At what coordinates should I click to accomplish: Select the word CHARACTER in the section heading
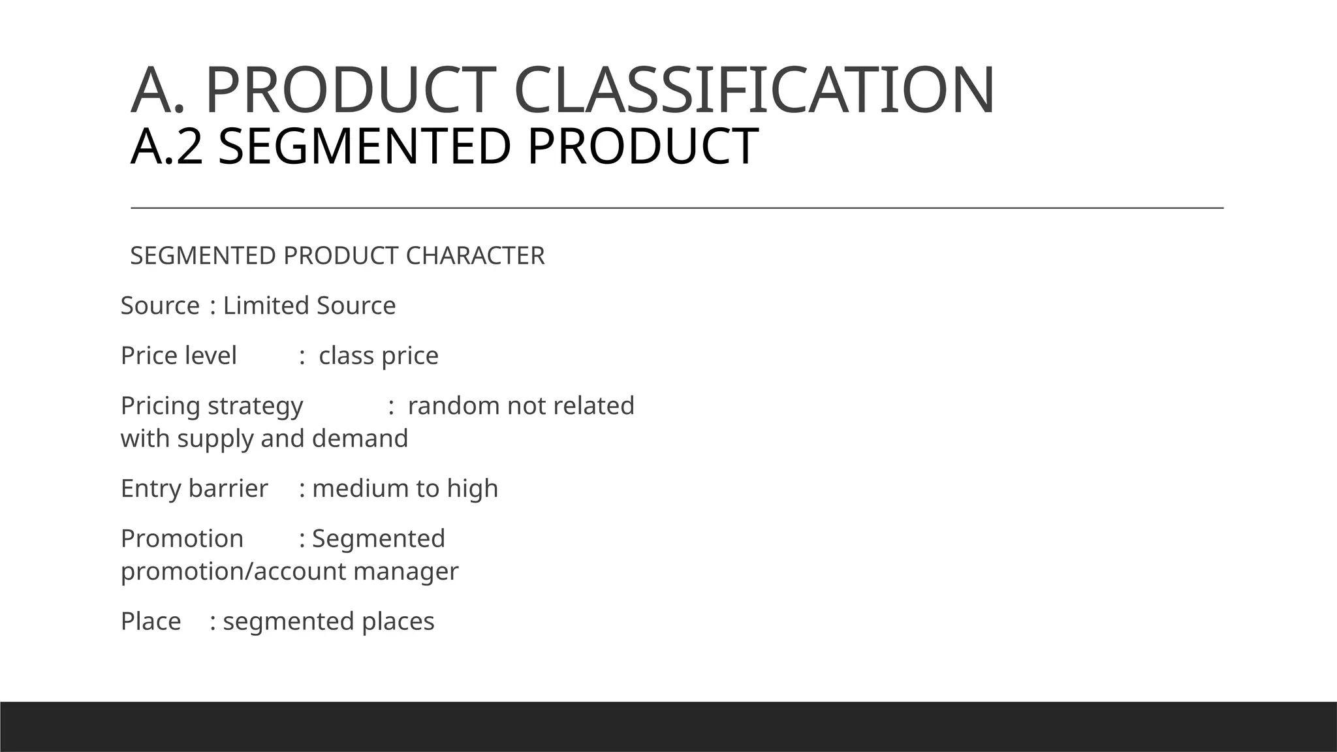click(475, 256)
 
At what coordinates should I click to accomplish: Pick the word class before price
click(346, 356)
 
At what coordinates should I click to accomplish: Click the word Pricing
click(160, 406)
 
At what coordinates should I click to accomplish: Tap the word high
click(472, 489)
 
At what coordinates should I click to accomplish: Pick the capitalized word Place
click(151, 621)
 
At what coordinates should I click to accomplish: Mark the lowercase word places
click(398, 622)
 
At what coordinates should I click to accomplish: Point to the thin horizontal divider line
click(677, 208)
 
